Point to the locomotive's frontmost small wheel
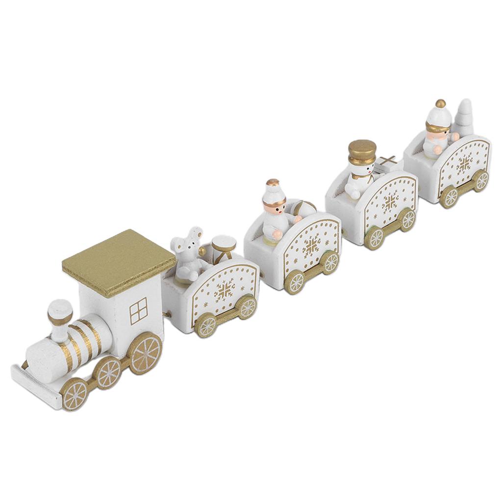click(75, 395)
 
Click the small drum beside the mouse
click(223, 248)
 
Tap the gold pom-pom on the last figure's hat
click(440, 103)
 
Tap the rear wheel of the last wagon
click(481, 180)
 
